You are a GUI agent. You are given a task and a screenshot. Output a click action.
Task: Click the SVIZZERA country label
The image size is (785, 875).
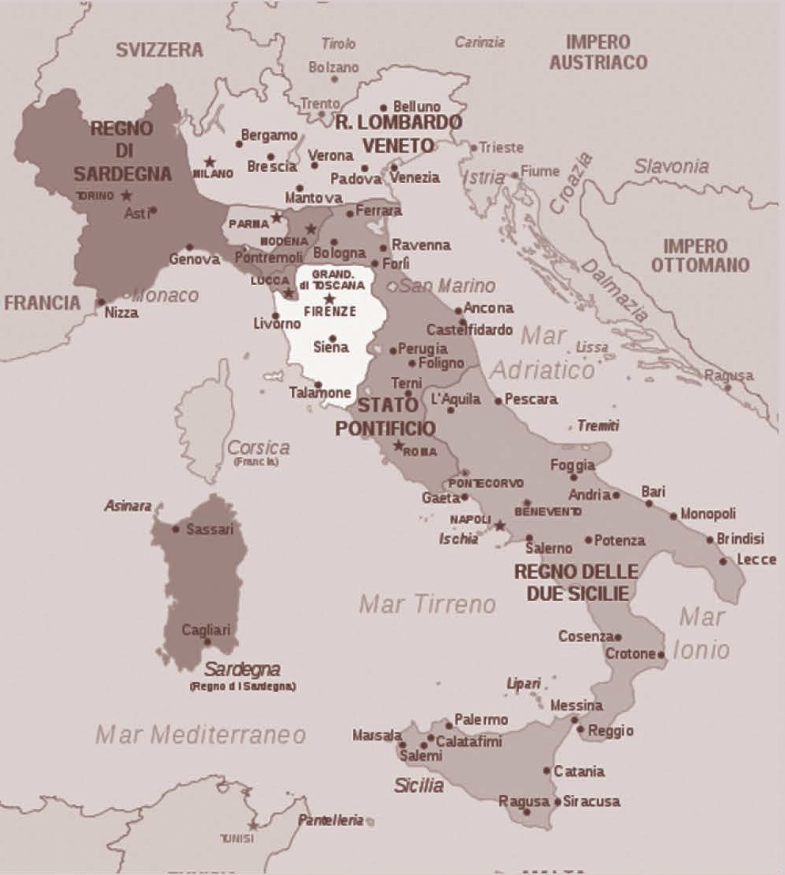click(x=159, y=50)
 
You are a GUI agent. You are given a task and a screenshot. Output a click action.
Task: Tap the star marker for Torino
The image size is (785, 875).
click(x=127, y=195)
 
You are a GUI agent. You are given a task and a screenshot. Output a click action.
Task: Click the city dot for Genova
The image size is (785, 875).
click(x=189, y=247)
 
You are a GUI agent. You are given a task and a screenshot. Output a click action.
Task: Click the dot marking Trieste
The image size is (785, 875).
click(x=474, y=147)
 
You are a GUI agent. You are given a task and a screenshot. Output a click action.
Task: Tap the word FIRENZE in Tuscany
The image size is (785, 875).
click(x=330, y=311)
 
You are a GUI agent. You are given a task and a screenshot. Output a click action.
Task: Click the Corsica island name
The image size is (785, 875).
click(x=258, y=447)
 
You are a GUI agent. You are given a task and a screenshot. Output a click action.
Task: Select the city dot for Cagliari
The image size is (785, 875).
click(x=207, y=641)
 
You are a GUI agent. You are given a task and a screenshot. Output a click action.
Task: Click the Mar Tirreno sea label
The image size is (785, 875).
click(x=427, y=605)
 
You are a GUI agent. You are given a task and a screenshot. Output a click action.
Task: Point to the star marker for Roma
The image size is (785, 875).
click(x=398, y=446)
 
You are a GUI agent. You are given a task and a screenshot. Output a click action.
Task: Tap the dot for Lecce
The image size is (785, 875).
click(x=722, y=561)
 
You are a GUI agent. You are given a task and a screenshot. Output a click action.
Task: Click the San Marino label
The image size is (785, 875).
click(x=447, y=285)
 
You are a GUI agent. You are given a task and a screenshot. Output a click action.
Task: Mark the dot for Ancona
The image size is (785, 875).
click(x=459, y=310)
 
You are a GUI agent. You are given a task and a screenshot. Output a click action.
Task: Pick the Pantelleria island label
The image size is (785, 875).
click(x=330, y=820)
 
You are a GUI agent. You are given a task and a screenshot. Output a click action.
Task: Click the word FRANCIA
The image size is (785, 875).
click(x=42, y=302)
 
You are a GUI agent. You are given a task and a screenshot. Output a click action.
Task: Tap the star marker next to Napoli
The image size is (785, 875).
click(x=499, y=524)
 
